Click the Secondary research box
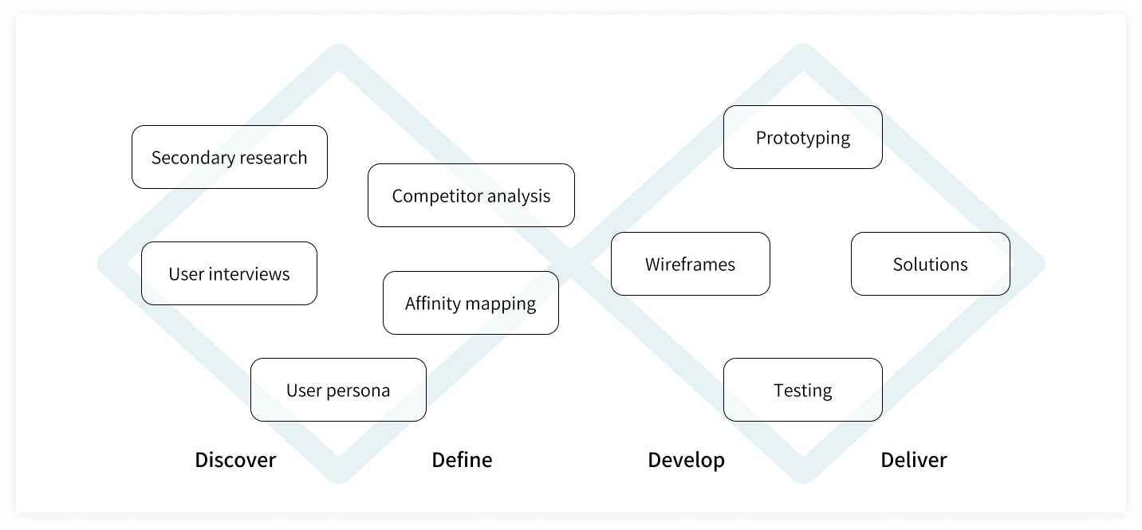point(229,157)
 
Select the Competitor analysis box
point(471,195)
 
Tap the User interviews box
point(229,273)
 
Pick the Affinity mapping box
point(471,303)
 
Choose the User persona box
point(338,390)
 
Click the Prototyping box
point(802,137)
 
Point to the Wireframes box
point(690,264)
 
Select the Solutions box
point(930,264)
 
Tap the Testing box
point(802,390)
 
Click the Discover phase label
point(235,460)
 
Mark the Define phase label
point(462,460)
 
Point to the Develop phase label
point(686,460)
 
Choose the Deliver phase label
point(913,460)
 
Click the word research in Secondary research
point(270,158)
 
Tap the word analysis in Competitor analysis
point(518,196)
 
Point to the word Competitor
point(437,196)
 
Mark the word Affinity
point(433,304)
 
